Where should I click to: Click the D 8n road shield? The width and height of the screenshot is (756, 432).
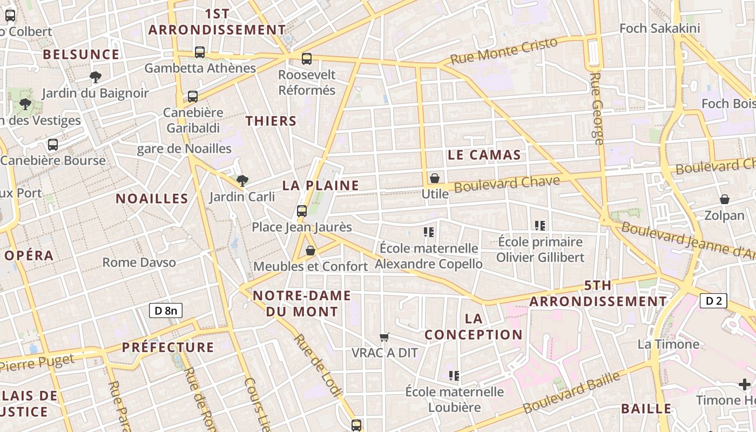166,310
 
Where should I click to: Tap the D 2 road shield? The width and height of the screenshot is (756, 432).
713,301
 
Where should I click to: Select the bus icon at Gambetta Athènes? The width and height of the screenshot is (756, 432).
200,52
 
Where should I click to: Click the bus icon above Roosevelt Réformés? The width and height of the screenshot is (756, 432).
307,59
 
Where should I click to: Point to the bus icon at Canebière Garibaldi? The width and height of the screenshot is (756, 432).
193,97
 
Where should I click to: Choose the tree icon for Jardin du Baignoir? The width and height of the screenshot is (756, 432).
96,77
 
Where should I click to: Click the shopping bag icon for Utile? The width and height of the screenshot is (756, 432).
435,178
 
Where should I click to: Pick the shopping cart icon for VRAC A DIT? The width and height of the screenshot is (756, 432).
384,337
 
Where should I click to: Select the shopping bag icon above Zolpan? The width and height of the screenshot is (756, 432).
725,200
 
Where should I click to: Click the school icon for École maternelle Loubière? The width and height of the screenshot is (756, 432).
454,375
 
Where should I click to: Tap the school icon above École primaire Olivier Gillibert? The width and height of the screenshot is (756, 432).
540,226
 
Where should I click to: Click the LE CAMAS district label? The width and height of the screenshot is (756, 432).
484,156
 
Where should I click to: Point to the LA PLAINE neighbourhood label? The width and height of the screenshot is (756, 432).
321,186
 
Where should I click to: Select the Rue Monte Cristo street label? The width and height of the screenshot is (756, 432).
503,51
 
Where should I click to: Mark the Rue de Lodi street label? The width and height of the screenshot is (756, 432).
317,366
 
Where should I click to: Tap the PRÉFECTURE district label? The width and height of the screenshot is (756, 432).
168,347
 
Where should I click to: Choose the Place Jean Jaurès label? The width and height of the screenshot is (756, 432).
302,227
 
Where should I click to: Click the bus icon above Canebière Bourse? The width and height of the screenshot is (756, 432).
52,145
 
